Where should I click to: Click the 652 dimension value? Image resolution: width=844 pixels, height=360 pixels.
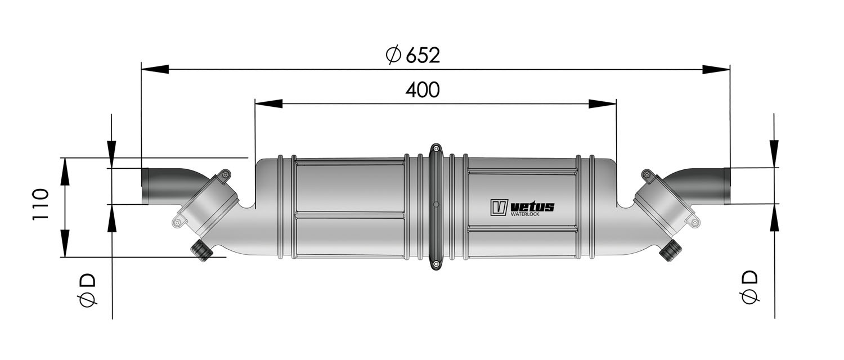pyautogui.click(x=422, y=55)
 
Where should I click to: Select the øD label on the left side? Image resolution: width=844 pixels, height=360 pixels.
pyautogui.click(x=88, y=290)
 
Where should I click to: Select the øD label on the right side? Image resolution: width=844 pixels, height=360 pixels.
pyautogui.click(x=749, y=287)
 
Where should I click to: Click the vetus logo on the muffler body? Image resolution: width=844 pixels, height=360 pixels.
pyautogui.click(x=522, y=206)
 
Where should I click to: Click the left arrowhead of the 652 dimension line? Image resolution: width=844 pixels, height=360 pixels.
pyautogui.click(x=155, y=69)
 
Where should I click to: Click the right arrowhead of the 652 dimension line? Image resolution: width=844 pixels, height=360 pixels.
pyautogui.click(x=716, y=69)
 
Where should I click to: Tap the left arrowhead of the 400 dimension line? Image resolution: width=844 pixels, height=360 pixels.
pyautogui.click(x=268, y=103)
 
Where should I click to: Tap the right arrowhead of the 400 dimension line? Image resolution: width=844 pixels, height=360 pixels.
pyautogui.click(x=603, y=103)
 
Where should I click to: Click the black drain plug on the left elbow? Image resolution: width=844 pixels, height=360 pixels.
pyautogui.click(x=202, y=250)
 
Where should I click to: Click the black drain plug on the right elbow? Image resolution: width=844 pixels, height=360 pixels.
pyautogui.click(x=670, y=250)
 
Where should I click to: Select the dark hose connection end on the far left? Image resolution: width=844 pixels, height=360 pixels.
pyautogui.click(x=145, y=186)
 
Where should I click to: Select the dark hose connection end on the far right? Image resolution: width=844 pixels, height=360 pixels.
pyautogui.click(x=727, y=186)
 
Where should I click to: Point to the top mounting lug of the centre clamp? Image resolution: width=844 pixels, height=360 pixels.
pyautogui.click(x=436, y=150)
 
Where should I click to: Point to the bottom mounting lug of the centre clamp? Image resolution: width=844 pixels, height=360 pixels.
pyautogui.click(x=436, y=263)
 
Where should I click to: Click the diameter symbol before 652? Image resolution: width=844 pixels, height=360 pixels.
pyautogui.click(x=393, y=55)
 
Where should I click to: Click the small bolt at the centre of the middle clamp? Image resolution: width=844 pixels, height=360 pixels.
pyautogui.click(x=436, y=205)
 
